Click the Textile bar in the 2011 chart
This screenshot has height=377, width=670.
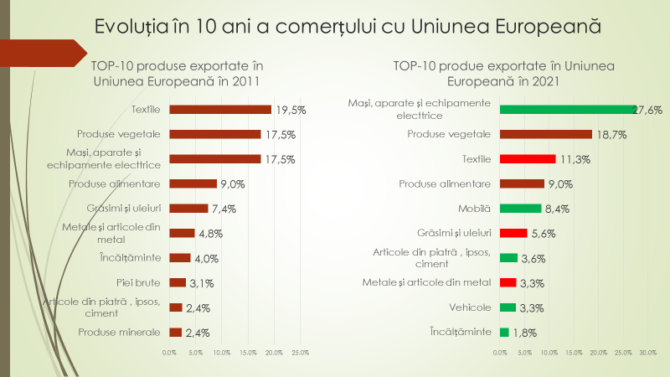tap(220, 110)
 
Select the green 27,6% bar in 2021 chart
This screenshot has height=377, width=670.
tap(568, 110)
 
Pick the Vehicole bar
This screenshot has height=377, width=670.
tap(508, 307)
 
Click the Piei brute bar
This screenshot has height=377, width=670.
tap(178, 282)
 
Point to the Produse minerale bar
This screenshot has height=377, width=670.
tap(175, 333)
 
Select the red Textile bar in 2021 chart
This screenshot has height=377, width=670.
tap(528, 159)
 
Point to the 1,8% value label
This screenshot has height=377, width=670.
tap(524, 333)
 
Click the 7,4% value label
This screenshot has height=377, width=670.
tap(224, 209)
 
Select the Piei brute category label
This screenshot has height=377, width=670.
tap(142, 282)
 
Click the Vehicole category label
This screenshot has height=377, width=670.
tap(470, 307)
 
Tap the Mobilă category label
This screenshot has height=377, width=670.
tap(474, 208)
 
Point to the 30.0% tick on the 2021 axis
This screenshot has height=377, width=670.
tap(647, 353)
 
